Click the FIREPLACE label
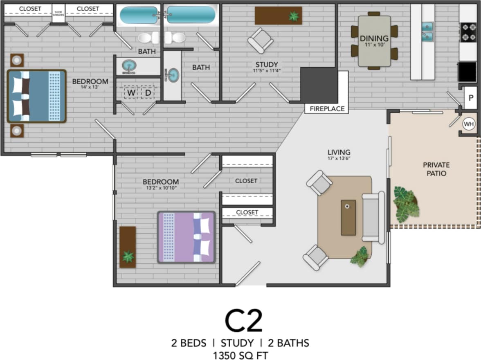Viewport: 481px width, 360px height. (x=327, y=109)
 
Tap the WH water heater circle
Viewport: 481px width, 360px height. (x=469, y=123)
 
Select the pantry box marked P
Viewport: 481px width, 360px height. (x=471, y=98)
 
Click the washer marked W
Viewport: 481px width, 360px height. (x=131, y=93)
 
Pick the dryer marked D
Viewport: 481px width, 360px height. (x=147, y=93)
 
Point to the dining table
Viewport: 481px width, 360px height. (x=374, y=41)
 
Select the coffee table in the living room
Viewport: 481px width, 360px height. (x=348, y=217)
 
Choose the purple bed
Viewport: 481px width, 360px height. (x=187, y=237)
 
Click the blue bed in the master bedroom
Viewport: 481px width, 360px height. (x=36, y=96)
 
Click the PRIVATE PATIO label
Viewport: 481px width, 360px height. (x=436, y=169)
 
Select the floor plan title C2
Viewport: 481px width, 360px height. (x=243, y=321)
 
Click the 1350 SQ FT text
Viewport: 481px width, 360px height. (x=240, y=354)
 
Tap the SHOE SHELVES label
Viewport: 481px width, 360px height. (x=58, y=13)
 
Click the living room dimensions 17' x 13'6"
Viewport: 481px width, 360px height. (x=339, y=158)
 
